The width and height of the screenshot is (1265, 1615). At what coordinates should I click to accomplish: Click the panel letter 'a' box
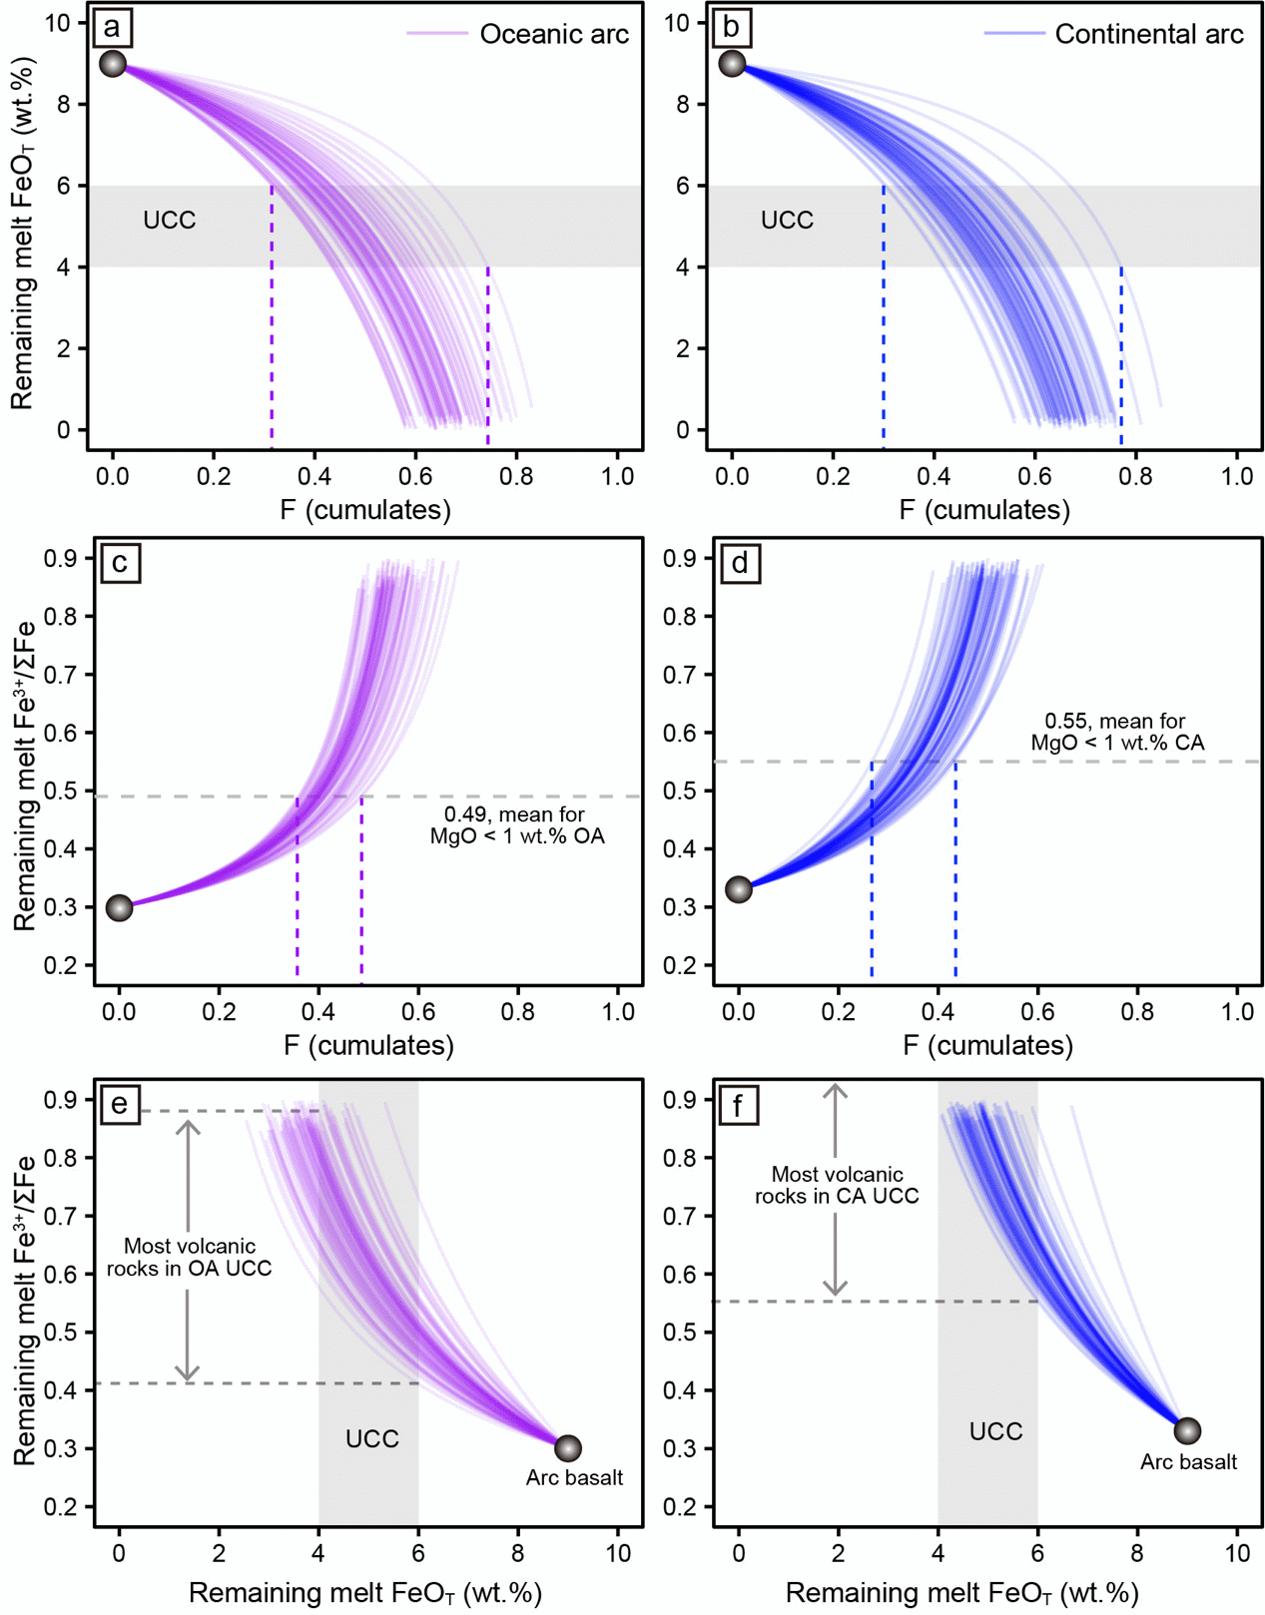[113, 27]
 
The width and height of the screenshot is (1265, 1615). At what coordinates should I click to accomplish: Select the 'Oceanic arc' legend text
[554, 35]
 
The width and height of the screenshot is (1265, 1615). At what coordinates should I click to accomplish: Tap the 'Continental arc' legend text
[1148, 35]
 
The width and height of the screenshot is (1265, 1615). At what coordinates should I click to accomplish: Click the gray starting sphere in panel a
[113, 64]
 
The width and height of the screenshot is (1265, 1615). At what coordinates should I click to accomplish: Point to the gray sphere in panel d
[739, 889]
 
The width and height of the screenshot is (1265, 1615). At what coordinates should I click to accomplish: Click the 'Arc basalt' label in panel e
[574, 1477]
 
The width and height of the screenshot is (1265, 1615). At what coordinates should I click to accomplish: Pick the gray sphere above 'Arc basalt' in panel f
[1187, 1430]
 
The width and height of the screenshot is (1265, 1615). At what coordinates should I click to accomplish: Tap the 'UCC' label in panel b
[787, 221]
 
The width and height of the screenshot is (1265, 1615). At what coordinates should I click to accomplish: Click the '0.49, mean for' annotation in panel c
[515, 814]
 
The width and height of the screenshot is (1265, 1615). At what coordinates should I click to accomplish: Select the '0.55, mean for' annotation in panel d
[1115, 721]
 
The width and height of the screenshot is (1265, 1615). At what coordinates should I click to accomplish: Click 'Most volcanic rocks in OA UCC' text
[190, 1257]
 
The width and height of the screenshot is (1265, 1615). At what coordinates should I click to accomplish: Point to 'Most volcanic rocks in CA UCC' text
[837, 1185]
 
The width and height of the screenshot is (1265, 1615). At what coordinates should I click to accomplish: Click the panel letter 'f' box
[737, 1105]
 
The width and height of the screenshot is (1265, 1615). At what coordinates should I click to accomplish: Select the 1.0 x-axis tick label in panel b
[1237, 476]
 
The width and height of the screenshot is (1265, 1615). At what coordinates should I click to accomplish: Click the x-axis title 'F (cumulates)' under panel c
[368, 1045]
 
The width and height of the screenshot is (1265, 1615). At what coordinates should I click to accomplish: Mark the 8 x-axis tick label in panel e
[517, 1553]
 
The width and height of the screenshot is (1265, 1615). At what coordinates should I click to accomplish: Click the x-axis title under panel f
[961, 1593]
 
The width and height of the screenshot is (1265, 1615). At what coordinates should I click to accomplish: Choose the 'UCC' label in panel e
[372, 1439]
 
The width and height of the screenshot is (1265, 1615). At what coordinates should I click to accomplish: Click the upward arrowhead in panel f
[836, 1092]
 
